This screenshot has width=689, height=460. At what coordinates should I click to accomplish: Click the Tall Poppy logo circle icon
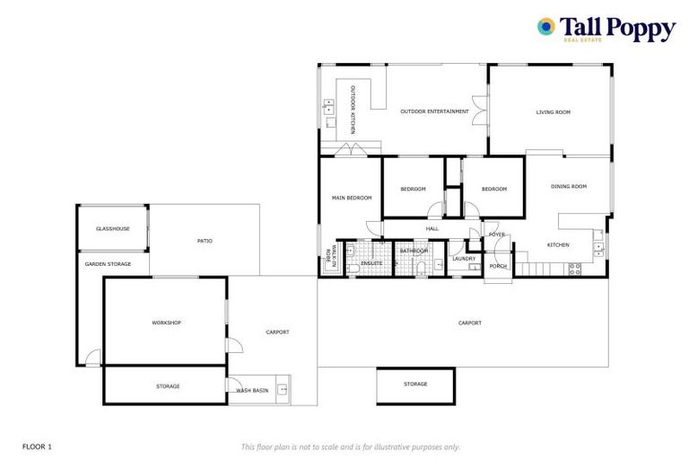coord(545,27)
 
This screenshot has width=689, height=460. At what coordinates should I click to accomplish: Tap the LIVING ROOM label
coord(553,112)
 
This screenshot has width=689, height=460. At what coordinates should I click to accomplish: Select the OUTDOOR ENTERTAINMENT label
coord(434,111)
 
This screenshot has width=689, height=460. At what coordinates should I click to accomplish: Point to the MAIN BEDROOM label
coord(352,198)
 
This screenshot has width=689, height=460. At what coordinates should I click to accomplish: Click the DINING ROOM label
coord(568,186)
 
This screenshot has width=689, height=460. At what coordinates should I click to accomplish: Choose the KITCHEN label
coord(558,244)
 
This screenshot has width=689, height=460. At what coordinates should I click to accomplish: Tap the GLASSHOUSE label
coord(113,228)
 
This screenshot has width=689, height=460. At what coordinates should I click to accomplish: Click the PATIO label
coord(205,240)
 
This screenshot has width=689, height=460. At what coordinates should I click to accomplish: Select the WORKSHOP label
coord(166,322)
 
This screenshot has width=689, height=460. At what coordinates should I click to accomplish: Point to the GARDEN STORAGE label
coord(108,264)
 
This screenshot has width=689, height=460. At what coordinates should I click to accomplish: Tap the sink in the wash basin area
coord(282,389)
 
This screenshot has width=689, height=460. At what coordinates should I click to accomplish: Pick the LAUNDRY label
coord(464,259)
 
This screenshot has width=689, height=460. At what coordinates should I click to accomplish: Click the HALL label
coord(432,229)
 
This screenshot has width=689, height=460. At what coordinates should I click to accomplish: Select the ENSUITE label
coord(371,262)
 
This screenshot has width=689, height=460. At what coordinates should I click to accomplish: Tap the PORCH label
coord(497,266)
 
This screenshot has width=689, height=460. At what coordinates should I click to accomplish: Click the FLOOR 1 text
coord(37,446)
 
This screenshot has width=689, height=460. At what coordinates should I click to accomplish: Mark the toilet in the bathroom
coord(439,264)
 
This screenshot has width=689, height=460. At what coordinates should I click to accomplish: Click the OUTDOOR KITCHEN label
coord(353,110)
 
